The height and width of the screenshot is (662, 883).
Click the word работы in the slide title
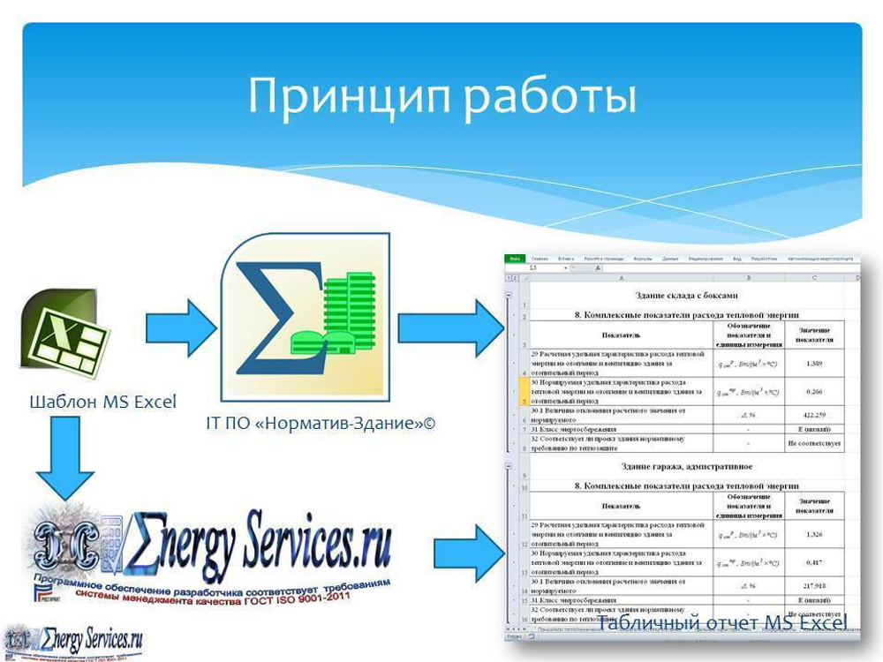[x=547, y=96]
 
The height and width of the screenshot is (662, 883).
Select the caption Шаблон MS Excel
[x=103, y=402]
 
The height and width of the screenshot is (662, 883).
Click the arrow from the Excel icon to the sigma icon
[x=180, y=327]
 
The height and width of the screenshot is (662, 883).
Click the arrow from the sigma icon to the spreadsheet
[x=449, y=327]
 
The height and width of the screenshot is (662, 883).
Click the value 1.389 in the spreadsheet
[x=815, y=363]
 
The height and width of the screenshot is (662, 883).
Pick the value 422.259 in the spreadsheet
[x=815, y=415]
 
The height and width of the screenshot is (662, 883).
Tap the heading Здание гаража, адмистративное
[x=686, y=466]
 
